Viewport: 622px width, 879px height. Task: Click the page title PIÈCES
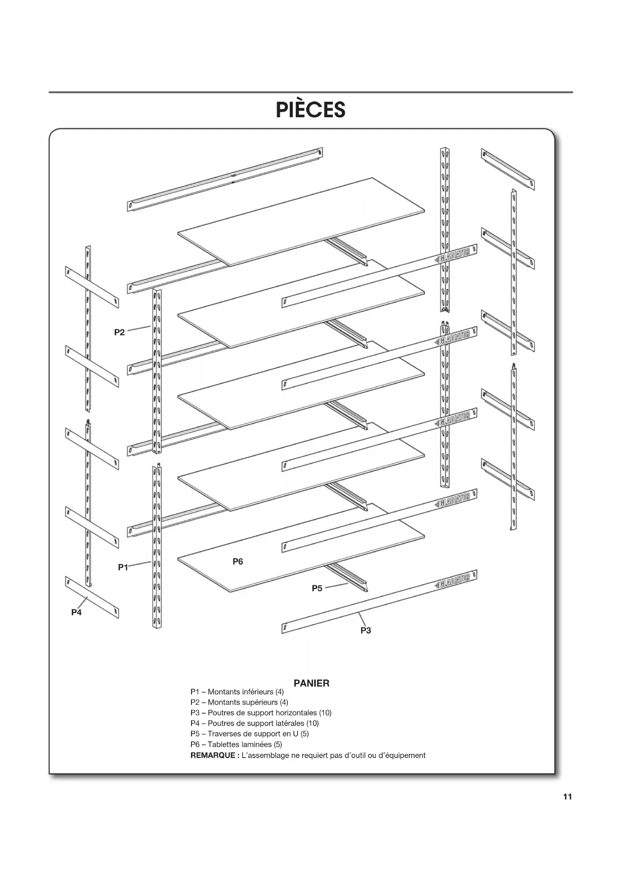pos(310,110)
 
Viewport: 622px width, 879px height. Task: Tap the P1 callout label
pos(123,567)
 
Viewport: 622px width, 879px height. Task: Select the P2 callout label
pos(119,332)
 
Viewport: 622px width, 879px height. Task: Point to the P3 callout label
pos(366,630)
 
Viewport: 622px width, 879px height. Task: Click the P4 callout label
pos(76,612)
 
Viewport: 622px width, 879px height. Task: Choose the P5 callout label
pos(317,588)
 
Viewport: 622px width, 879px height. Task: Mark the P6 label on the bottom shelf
pos(238,562)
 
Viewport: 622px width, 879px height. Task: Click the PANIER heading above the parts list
pos(311,683)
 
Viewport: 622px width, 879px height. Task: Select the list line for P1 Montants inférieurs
pos(237,692)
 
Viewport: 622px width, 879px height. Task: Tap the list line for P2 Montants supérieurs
pos(239,702)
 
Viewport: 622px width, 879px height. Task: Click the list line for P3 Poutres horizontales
pos(261,713)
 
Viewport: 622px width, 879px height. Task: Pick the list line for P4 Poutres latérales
pos(254,723)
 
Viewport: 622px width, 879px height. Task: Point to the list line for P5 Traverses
pos(249,734)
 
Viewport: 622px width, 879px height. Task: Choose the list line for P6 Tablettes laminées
pos(236,744)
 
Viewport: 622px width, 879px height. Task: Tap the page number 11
pos(567,797)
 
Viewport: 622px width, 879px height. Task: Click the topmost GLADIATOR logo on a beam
pos(454,255)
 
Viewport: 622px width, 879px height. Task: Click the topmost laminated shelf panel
pos(301,221)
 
